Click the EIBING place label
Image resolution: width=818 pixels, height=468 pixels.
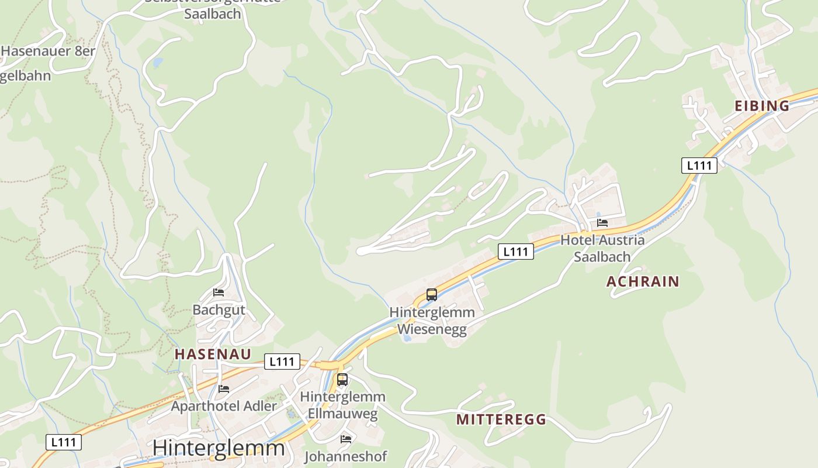tap(761, 106)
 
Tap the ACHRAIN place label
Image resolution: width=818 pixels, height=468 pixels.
tap(643, 281)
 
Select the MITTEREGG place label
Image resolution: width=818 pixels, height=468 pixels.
tap(501, 419)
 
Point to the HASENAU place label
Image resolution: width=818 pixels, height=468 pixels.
tap(213, 354)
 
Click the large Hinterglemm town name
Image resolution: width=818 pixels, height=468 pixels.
tap(219, 448)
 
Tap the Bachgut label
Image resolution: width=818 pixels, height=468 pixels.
tap(219, 309)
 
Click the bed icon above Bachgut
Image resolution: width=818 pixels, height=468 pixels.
tap(219, 292)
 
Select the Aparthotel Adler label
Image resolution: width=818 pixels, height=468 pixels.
tap(224, 405)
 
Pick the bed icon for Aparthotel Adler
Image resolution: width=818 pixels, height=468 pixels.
tap(223, 388)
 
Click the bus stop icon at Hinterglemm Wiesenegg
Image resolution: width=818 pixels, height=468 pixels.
tap(432, 295)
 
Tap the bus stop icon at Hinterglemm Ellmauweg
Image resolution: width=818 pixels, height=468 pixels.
tap(342, 380)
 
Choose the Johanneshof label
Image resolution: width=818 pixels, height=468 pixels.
tap(345, 456)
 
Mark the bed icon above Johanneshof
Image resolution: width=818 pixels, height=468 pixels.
tap(346, 439)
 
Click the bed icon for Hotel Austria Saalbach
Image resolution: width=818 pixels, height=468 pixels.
tap(602, 223)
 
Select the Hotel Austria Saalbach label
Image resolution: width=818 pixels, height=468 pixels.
tap(602, 248)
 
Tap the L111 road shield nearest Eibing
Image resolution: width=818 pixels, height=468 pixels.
tap(699, 166)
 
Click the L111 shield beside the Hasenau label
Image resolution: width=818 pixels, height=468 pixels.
tap(282, 362)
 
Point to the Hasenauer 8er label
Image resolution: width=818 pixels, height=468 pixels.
tap(48, 51)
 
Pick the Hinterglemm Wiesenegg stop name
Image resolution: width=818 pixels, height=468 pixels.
tap(432, 321)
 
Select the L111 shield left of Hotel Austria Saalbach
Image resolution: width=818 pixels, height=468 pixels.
tap(516, 252)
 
